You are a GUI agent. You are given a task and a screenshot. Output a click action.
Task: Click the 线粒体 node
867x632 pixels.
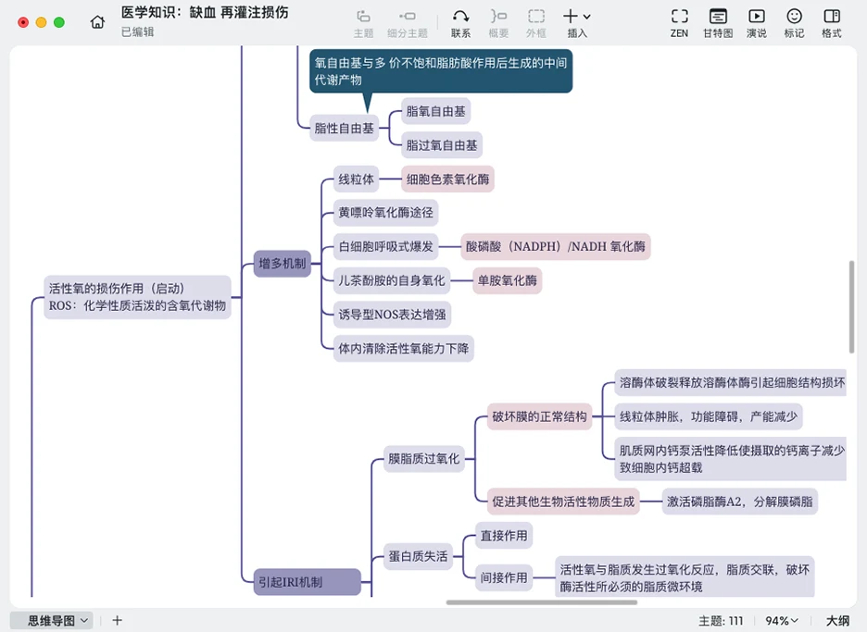(356, 179)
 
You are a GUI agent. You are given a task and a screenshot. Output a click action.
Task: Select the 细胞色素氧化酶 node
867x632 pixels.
(447, 179)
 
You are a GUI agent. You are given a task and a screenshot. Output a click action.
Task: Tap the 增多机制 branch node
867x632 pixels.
(282, 264)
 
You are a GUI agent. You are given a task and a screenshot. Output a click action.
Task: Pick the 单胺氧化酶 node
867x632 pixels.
(507, 280)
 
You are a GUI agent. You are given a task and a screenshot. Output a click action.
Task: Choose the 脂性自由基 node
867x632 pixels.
(345, 129)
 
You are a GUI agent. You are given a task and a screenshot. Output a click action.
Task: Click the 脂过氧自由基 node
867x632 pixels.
(442, 145)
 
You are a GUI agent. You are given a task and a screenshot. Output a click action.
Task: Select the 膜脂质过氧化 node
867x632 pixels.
(423, 458)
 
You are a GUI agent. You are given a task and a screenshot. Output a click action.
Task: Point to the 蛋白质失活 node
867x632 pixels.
(418, 556)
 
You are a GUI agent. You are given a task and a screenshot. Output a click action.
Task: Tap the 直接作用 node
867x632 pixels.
(503, 535)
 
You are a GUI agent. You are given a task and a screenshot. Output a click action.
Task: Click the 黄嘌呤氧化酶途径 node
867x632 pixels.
(383, 212)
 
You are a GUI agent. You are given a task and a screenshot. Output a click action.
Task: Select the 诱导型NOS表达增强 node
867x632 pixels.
(392, 314)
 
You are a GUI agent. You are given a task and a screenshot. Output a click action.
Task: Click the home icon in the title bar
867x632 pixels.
(97, 22)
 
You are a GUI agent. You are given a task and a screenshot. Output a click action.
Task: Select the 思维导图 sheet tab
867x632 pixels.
(52, 621)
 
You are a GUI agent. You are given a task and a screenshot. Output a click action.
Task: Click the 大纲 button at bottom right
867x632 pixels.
(837, 621)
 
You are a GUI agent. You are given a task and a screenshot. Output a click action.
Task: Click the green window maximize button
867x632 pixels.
(59, 22)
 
